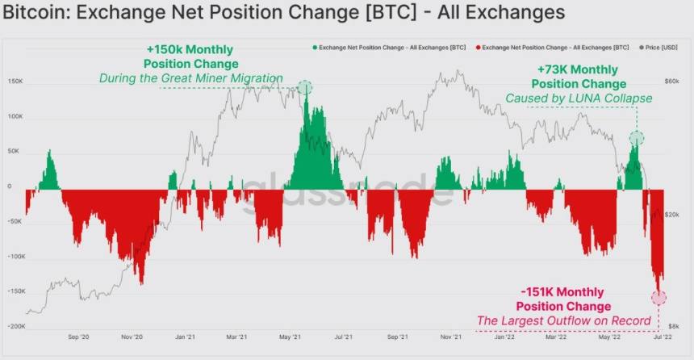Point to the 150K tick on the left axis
pos(15,82)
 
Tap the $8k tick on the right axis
pos(674,327)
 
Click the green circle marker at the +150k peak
pos(304,87)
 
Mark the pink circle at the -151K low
pos(658,297)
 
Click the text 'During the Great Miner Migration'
pos(191,78)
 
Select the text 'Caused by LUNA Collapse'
pos(579,98)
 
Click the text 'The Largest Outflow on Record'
pos(563,321)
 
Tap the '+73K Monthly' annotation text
pos(579,69)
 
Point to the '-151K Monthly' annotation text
pos(563,292)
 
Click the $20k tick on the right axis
pos(673,214)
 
